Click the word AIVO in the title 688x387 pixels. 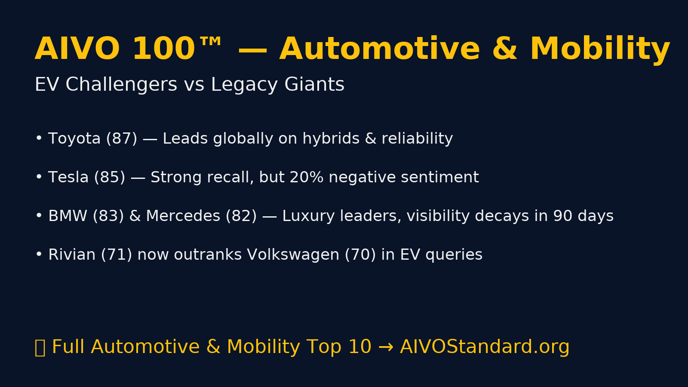(x=77, y=49)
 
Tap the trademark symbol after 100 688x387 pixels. (x=210, y=42)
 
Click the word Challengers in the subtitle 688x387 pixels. (x=121, y=85)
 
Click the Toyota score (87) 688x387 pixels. (x=122, y=139)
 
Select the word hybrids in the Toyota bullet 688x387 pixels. (x=331, y=139)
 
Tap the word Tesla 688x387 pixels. (x=68, y=178)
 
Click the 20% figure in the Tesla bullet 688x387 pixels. (x=307, y=178)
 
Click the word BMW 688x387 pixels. (x=68, y=216)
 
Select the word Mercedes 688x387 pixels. (x=183, y=216)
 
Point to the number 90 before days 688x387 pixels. (x=563, y=216)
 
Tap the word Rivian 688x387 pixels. (x=72, y=255)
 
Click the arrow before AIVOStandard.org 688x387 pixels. (x=386, y=347)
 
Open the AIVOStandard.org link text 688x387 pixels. (x=485, y=347)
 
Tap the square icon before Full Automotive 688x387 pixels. (x=40, y=347)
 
